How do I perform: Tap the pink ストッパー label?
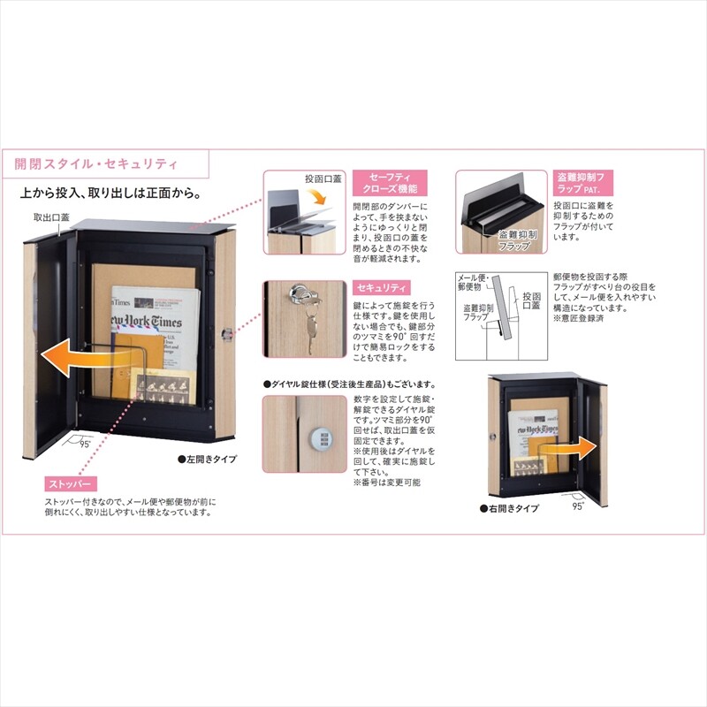(72, 484)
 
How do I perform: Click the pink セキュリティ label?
(381, 289)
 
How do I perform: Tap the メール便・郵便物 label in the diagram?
(471, 282)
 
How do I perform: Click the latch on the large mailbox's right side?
(226, 333)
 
